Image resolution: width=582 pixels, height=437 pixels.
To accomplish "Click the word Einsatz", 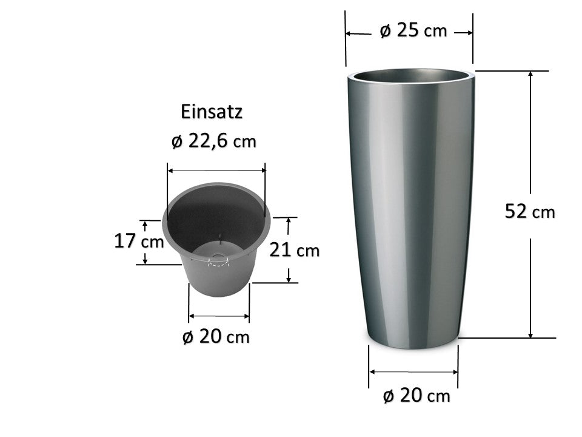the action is [212, 112].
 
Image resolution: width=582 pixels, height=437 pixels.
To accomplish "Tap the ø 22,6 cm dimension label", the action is [214, 141].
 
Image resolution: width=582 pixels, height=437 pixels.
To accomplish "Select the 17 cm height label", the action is [139, 241].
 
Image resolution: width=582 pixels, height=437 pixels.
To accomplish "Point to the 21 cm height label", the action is [295, 249].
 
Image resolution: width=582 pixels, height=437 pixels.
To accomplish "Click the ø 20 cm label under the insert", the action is [216, 337].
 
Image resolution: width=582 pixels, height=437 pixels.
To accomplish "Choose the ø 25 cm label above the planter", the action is [413, 30].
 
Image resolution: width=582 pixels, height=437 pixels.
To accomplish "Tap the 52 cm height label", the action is [530, 212].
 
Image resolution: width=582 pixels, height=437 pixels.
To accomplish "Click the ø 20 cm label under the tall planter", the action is [416, 395].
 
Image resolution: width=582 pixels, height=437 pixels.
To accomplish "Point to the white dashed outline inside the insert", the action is [219, 261].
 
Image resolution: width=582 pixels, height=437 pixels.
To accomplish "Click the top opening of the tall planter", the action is [411, 76].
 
